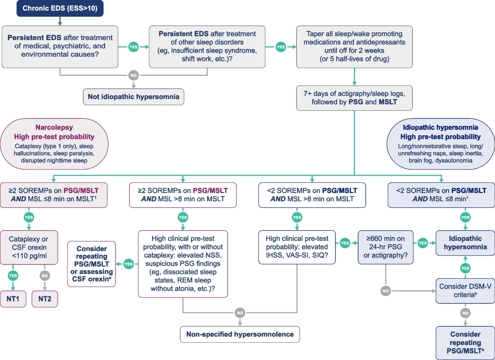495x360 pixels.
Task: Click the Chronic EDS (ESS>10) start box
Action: [x=60, y=8]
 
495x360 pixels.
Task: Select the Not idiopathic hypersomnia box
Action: [x=134, y=97]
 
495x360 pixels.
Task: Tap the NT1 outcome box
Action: [x=13, y=299]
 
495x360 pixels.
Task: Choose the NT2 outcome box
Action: [x=45, y=299]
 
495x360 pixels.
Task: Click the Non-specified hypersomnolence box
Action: [x=240, y=334]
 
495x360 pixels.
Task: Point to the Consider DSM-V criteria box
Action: [x=465, y=291]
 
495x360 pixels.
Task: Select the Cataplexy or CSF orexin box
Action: [x=29, y=247]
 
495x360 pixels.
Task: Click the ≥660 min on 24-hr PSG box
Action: [x=386, y=247]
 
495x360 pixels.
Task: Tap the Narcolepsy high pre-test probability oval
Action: [x=54, y=144]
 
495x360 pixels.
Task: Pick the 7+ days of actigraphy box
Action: [x=354, y=98]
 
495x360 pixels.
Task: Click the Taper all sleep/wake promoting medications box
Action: [x=354, y=47]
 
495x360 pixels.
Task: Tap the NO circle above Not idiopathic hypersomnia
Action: [x=134, y=75]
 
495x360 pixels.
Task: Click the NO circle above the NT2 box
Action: [x=45, y=275]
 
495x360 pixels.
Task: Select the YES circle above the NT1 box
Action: [x=13, y=275]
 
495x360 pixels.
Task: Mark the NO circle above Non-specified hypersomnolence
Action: [x=240, y=313]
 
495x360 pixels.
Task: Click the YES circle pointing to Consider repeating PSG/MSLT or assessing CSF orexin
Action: [x=129, y=264]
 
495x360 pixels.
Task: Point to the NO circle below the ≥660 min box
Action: [x=386, y=291]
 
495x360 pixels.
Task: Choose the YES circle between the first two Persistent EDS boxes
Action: [x=134, y=47]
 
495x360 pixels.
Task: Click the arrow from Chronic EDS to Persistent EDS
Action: [x=60, y=21]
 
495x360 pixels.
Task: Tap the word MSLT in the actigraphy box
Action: [x=388, y=102]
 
